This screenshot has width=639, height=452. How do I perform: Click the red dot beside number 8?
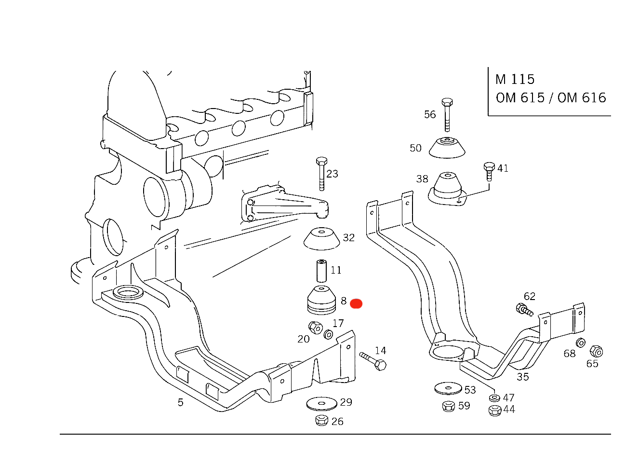(x=356, y=303)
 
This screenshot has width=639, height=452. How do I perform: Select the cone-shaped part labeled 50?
(x=447, y=148)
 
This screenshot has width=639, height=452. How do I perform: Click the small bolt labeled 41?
(x=489, y=171)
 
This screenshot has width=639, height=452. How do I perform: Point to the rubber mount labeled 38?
(x=447, y=189)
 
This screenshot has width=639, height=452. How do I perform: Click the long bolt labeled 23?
(x=322, y=173)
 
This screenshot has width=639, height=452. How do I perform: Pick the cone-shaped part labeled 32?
(x=322, y=239)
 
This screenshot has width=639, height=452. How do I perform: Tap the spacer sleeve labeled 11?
(x=322, y=271)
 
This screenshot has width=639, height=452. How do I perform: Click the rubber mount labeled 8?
(x=322, y=300)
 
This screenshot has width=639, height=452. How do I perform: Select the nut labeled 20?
(x=316, y=328)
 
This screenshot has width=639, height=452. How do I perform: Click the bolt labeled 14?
(x=373, y=361)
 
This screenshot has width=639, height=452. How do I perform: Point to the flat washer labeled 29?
(x=322, y=403)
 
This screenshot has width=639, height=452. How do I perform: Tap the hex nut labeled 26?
(x=322, y=420)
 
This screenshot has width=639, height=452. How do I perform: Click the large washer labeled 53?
(x=448, y=388)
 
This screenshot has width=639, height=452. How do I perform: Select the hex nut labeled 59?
(x=449, y=406)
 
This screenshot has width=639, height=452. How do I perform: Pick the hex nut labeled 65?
(x=596, y=351)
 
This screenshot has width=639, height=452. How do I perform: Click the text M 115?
(x=515, y=80)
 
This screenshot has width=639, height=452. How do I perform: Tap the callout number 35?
(x=522, y=377)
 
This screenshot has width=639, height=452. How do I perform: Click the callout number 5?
(x=180, y=402)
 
